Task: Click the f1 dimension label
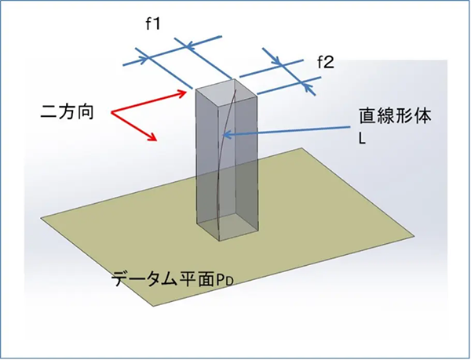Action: (153, 24)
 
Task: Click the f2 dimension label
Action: (325, 63)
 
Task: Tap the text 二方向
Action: (67, 112)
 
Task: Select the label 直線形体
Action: (396, 116)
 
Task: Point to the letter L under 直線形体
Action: (362, 139)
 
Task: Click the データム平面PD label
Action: (173, 278)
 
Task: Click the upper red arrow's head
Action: (183, 93)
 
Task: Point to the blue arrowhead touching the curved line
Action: (227, 135)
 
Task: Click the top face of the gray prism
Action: (227, 92)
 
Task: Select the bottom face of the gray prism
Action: (228, 227)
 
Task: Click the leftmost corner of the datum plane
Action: (41, 218)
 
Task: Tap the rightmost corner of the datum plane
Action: (414, 236)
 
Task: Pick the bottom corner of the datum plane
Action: (154, 307)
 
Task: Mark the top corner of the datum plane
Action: (301, 148)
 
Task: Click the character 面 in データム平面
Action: (206, 278)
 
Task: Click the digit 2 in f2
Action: (329, 63)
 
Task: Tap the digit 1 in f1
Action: (156, 24)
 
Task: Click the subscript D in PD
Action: (230, 282)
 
